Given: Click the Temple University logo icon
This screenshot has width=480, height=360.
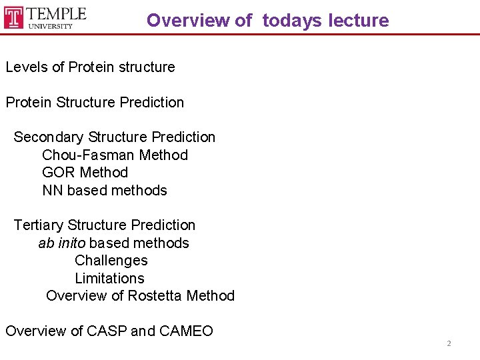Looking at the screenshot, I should (14, 17).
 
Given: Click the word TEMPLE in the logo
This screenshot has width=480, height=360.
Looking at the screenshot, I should (57, 13).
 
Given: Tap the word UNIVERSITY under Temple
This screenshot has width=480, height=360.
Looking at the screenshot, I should (50, 27).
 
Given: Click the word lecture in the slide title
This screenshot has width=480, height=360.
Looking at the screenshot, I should (358, 20).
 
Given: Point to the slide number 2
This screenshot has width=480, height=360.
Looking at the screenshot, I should (449, 343).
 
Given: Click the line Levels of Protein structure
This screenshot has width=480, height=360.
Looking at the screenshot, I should (90, 67).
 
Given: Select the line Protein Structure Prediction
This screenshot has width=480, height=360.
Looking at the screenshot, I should (95, 102).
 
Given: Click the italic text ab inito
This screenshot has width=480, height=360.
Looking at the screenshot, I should (61, 243).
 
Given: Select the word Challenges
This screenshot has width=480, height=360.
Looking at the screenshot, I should (111, 261).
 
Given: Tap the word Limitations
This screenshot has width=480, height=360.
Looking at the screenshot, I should (109, 279).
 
